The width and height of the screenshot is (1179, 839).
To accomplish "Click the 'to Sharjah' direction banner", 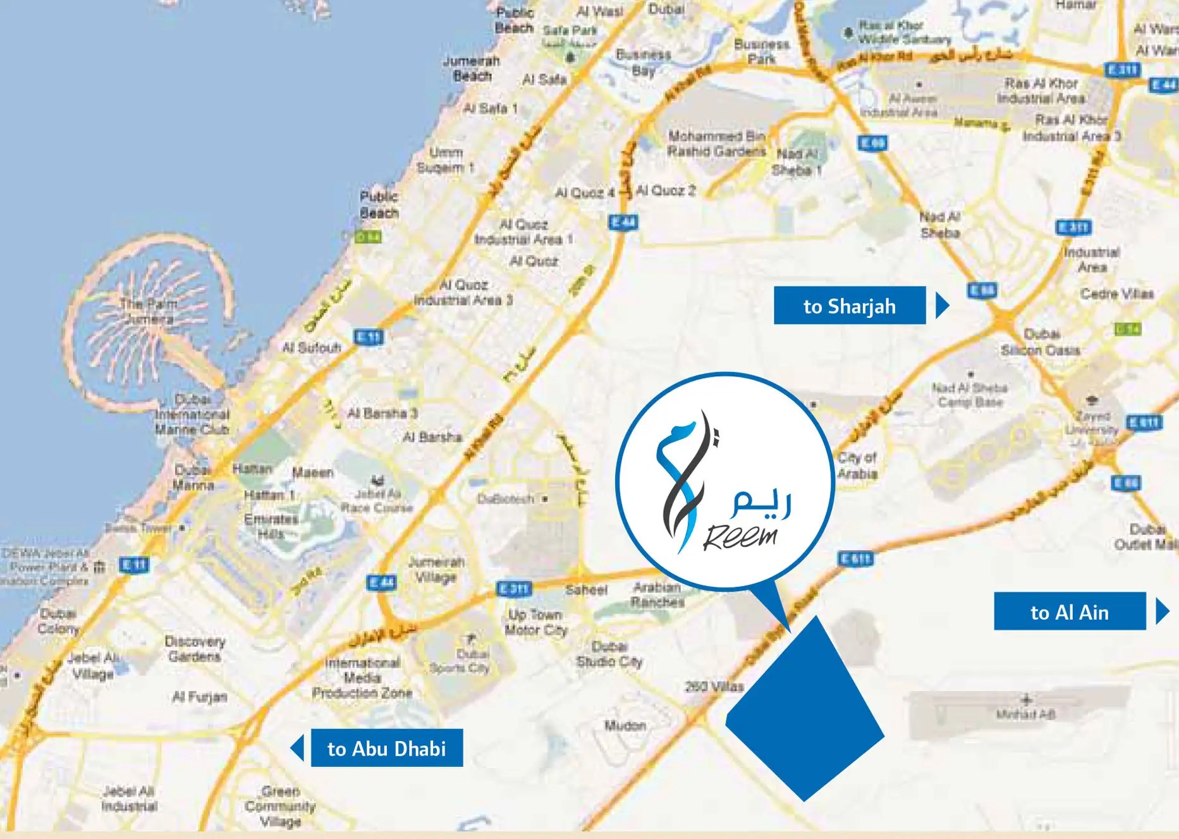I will coord(849,306).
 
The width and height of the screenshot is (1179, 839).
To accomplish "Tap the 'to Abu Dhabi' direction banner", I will coord(386,749).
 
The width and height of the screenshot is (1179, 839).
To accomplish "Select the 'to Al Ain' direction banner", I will coord(1069,612).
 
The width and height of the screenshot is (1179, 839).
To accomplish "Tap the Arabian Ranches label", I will coord(657,594).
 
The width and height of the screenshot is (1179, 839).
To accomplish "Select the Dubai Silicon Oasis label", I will coord(1041,341).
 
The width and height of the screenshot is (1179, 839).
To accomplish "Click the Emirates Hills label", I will coord(271,526).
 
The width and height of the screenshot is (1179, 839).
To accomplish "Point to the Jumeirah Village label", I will coord(436,569).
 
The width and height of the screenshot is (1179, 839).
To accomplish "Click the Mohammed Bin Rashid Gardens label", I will coord(716,144).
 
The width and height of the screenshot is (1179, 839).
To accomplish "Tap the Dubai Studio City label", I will coord(609,654).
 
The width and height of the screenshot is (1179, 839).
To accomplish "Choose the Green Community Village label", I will coord(280,806).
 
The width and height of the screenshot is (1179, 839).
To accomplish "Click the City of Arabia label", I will coord(857,465).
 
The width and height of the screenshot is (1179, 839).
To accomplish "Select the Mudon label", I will coord(625,725).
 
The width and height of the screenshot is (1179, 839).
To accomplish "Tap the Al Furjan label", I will coord(199,697).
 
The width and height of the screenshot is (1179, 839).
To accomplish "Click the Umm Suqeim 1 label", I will coord(445,160).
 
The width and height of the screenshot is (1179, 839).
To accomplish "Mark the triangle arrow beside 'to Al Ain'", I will coord(1162,612).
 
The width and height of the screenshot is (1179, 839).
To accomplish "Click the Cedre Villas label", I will coord(1117,294).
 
